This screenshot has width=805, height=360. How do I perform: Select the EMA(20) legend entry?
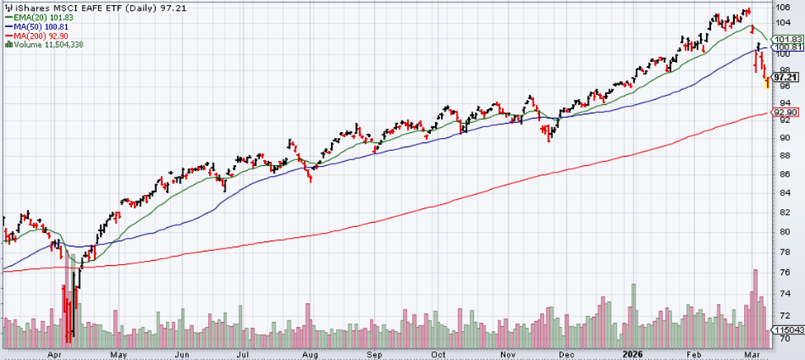33,17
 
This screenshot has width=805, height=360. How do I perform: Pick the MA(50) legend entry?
31,26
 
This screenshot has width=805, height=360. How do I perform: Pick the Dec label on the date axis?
567,353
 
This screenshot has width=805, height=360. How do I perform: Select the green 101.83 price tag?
786,40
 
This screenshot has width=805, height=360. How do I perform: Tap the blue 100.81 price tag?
786,49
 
